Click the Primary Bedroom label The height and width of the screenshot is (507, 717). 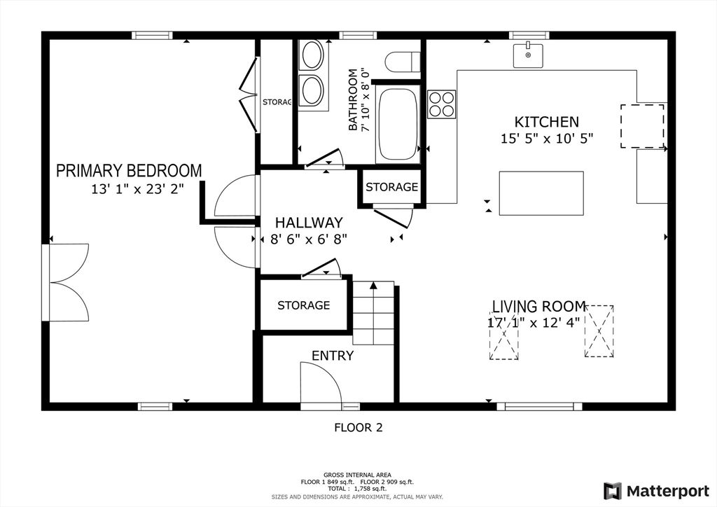[x=129, y=171]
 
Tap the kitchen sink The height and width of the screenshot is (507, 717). [x=528, y=55]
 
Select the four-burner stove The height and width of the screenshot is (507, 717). [x=442, y=104]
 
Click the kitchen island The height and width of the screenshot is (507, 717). [x=541, y=193]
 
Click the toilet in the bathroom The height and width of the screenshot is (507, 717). [x=403, y=62]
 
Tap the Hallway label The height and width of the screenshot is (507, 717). [x=309, y=223]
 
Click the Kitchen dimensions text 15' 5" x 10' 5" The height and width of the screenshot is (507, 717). [x=547, y=138]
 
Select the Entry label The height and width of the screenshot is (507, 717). [x=333, y=356]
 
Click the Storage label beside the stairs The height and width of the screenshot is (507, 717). [x=304, y=305]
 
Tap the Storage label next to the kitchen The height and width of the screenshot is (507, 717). [x=392, y=187]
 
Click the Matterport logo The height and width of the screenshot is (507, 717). [x=656, y=491]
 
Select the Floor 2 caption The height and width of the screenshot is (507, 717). [x=358, y=428]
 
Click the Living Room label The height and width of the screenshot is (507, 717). [x=538, y=306]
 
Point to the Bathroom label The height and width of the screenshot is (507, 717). [x=353, y=99]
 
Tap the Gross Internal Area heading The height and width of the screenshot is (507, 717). [x=357, y=475]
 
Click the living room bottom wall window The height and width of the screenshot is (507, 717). [x=540, y=406]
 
